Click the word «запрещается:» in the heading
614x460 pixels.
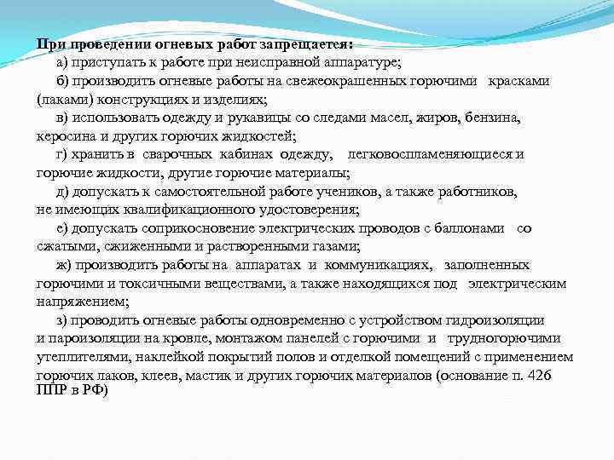[x=306, y=44]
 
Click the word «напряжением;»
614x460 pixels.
[x=84, y=301]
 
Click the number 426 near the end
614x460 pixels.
[x=559, y=376]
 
